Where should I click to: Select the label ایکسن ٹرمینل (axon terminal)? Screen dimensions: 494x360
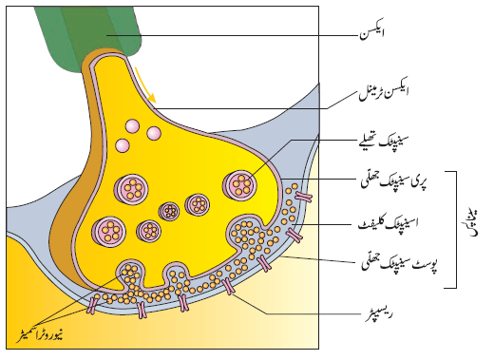tap(384, 92)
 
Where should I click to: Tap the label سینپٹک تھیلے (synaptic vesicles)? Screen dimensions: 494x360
tap(383, 141)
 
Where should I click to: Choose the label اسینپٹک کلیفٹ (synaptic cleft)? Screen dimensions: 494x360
tap(389, 222)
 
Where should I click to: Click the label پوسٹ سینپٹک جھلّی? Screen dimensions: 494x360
tap(400, 263)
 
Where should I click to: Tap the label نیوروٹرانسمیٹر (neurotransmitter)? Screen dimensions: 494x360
tap(40, 334)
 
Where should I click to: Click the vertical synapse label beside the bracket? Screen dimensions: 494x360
tap(472, 223)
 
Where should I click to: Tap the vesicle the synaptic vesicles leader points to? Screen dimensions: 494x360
tap(239, 184)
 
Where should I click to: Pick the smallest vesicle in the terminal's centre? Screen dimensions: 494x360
tap(169, 211)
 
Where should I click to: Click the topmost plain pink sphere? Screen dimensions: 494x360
tap(132, 126)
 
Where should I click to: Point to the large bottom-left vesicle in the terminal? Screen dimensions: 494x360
tap(108, 232)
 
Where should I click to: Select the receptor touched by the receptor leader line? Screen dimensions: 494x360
tap(228, 287)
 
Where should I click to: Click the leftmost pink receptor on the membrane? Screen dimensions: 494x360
tap(92, 305)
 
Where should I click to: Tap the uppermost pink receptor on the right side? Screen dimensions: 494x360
tap(304, 197)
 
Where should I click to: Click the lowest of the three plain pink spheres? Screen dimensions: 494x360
tap(123, 146)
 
